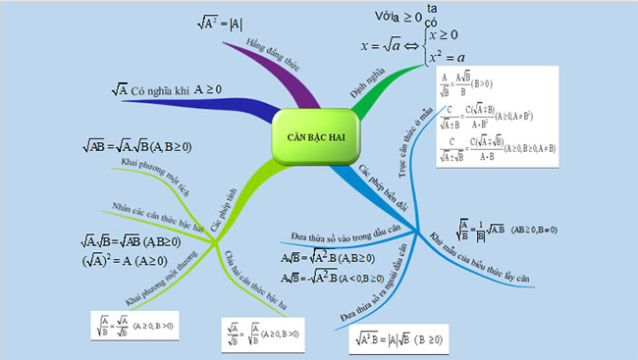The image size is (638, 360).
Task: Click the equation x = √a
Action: click(388, 45)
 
